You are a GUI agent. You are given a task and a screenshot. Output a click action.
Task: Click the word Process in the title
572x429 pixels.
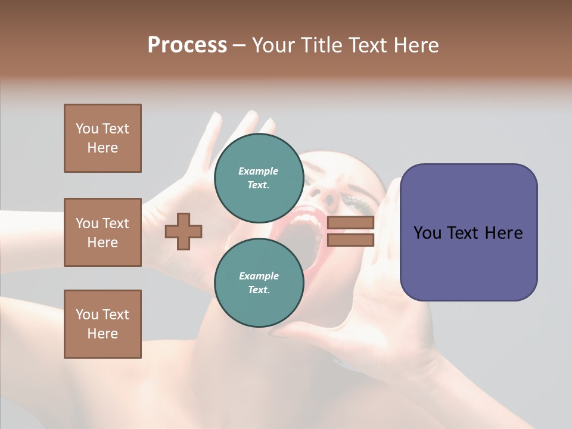coord(187,45)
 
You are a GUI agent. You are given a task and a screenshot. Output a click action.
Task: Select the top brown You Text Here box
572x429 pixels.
coord(102,138)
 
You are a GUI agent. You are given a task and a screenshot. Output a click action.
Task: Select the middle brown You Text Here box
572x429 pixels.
coord(102,232)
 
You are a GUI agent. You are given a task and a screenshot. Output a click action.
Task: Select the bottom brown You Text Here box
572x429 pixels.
coord(102,324)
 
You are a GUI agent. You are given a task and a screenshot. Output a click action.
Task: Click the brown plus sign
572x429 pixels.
coord(184,231)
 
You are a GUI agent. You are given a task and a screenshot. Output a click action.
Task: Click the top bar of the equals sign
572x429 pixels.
coord(350,223)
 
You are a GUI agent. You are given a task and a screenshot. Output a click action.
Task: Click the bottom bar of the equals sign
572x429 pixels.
coord(350,240)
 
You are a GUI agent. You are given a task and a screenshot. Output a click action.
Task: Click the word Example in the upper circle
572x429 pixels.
coord(259,172)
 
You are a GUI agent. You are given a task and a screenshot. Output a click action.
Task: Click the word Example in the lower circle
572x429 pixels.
coord(259,276)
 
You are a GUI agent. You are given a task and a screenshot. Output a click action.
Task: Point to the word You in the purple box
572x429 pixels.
coord(427,233)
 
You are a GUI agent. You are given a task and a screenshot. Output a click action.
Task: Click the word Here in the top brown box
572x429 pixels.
coord(102,148)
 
